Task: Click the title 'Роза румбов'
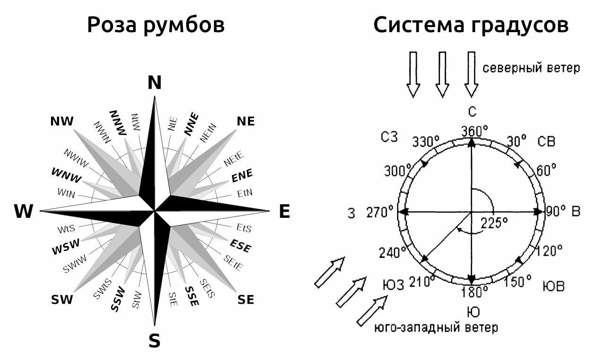tap(155, 26)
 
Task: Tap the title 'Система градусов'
tap(471, 26)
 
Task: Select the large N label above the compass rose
tap(155, 83)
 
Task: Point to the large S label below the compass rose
tap(155, 340)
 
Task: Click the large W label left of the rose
tap(24, 212)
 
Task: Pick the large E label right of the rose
tap(284, 212)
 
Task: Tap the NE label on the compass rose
tap(246, 121)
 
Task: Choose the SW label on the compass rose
tap(62, 300)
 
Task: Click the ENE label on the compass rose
tap(242, 175)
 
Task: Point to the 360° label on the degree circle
tap(474, 130)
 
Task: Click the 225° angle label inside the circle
tap(494, 222)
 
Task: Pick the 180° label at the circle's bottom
tap(475, 292)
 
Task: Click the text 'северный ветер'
tap(531, 69)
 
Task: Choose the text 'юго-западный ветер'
tap(436, 327)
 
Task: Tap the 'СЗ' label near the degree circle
tap(389, 137)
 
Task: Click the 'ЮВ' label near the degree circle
tap(553, 286)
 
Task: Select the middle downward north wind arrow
tap(442, 74)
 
